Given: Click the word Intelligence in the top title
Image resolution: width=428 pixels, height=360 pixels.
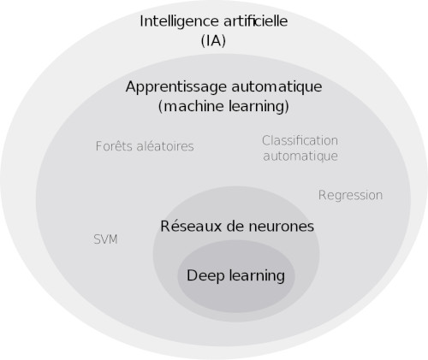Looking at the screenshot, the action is (x=179, y=22).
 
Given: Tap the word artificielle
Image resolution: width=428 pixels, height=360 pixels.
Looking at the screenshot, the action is (x=255, y=21).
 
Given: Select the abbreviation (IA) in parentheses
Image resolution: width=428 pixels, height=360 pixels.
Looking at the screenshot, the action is (x=213, y=41).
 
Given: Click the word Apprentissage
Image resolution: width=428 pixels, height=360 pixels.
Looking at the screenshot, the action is (x=176, y=87).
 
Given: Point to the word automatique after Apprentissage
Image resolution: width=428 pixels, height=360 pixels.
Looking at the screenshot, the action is (x=276, y=87).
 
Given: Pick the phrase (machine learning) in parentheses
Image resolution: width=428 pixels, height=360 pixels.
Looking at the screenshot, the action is (x=223, y=106).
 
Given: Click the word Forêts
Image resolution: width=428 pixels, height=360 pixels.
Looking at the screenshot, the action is (x=113, y=146).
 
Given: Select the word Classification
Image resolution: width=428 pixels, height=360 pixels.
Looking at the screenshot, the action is (x=300, y=140).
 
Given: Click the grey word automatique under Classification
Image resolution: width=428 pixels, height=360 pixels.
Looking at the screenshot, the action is (x=300, y=156).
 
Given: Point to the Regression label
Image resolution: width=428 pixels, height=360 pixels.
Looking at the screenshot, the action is (x=350, y=196).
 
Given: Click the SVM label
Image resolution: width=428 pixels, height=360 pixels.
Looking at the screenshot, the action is (x=105, y=239).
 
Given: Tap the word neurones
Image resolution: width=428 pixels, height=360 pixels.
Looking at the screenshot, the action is (x=282, y=227).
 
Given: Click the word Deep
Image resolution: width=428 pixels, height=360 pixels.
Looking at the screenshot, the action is (x=205, y=276).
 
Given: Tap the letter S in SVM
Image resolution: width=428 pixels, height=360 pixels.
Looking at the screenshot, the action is (x=97, y=239).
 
